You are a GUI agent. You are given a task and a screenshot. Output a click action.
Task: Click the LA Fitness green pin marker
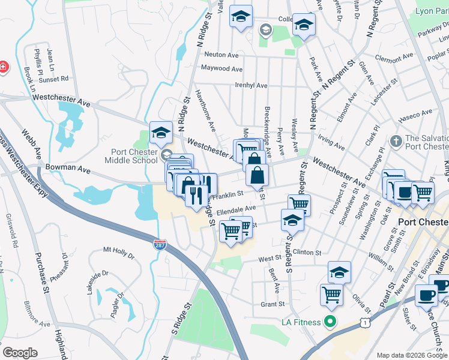328,322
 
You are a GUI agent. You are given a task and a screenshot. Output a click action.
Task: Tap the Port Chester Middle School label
131,156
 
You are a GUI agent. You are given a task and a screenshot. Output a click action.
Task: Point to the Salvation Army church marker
395,141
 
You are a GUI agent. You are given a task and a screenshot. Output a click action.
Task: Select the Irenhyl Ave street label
251,86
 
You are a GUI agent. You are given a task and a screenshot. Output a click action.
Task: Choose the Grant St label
272,304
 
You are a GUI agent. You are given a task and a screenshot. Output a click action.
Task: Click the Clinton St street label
307,253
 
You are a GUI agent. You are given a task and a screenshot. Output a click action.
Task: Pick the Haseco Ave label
418,113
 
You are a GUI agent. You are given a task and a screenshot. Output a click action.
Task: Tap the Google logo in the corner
20,352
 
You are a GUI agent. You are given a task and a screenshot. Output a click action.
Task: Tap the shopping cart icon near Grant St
331,293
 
